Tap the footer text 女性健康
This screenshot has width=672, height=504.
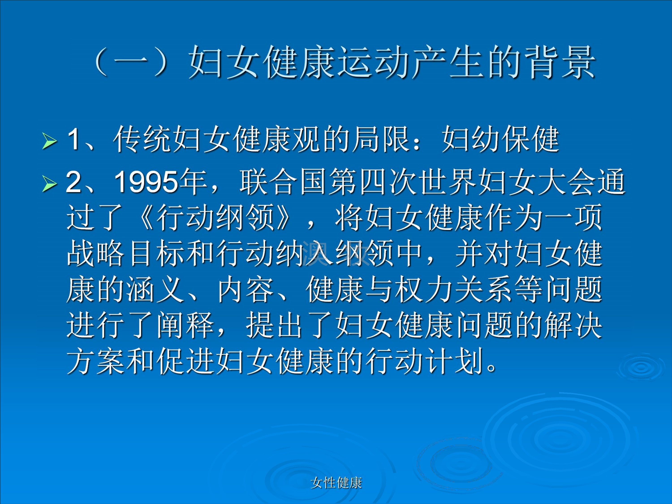coord(336,483)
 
